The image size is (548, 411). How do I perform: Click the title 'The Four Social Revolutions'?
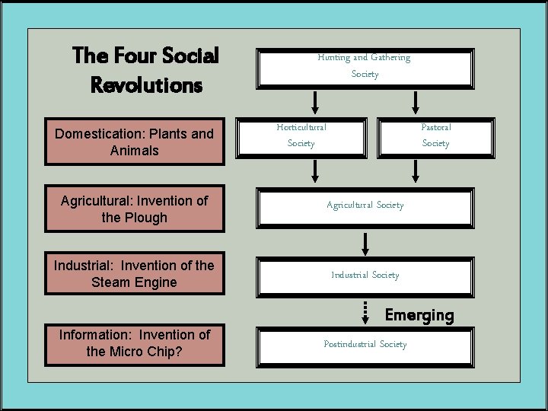(x=145, y=69)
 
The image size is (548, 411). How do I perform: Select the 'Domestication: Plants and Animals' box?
(x=134, y=142)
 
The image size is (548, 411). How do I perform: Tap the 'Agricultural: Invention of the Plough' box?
(x=134, y=209)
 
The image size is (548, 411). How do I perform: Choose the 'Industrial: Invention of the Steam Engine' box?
(x=134, y=273)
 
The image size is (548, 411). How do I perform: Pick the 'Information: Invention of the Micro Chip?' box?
(x=134, y=342)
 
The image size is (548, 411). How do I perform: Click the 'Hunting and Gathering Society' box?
(x=365, y=65)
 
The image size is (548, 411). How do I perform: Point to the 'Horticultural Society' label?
(x=301, y=135)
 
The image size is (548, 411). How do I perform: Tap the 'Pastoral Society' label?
(x=436, y=135)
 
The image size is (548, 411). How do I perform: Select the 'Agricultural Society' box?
(x=365, y=205)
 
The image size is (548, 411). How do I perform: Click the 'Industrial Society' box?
(x=365, y=275)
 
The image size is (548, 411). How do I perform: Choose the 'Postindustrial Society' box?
(x=365, y=345)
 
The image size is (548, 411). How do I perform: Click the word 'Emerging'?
(x=419, y=315)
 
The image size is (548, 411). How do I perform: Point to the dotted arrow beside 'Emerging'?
(x=366, y=311)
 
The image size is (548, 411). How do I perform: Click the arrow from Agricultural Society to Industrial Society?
(x=366, y=243)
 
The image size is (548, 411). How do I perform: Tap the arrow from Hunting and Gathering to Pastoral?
(x=416, y=102)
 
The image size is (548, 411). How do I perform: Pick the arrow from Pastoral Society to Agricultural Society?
(x=416, y=171)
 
